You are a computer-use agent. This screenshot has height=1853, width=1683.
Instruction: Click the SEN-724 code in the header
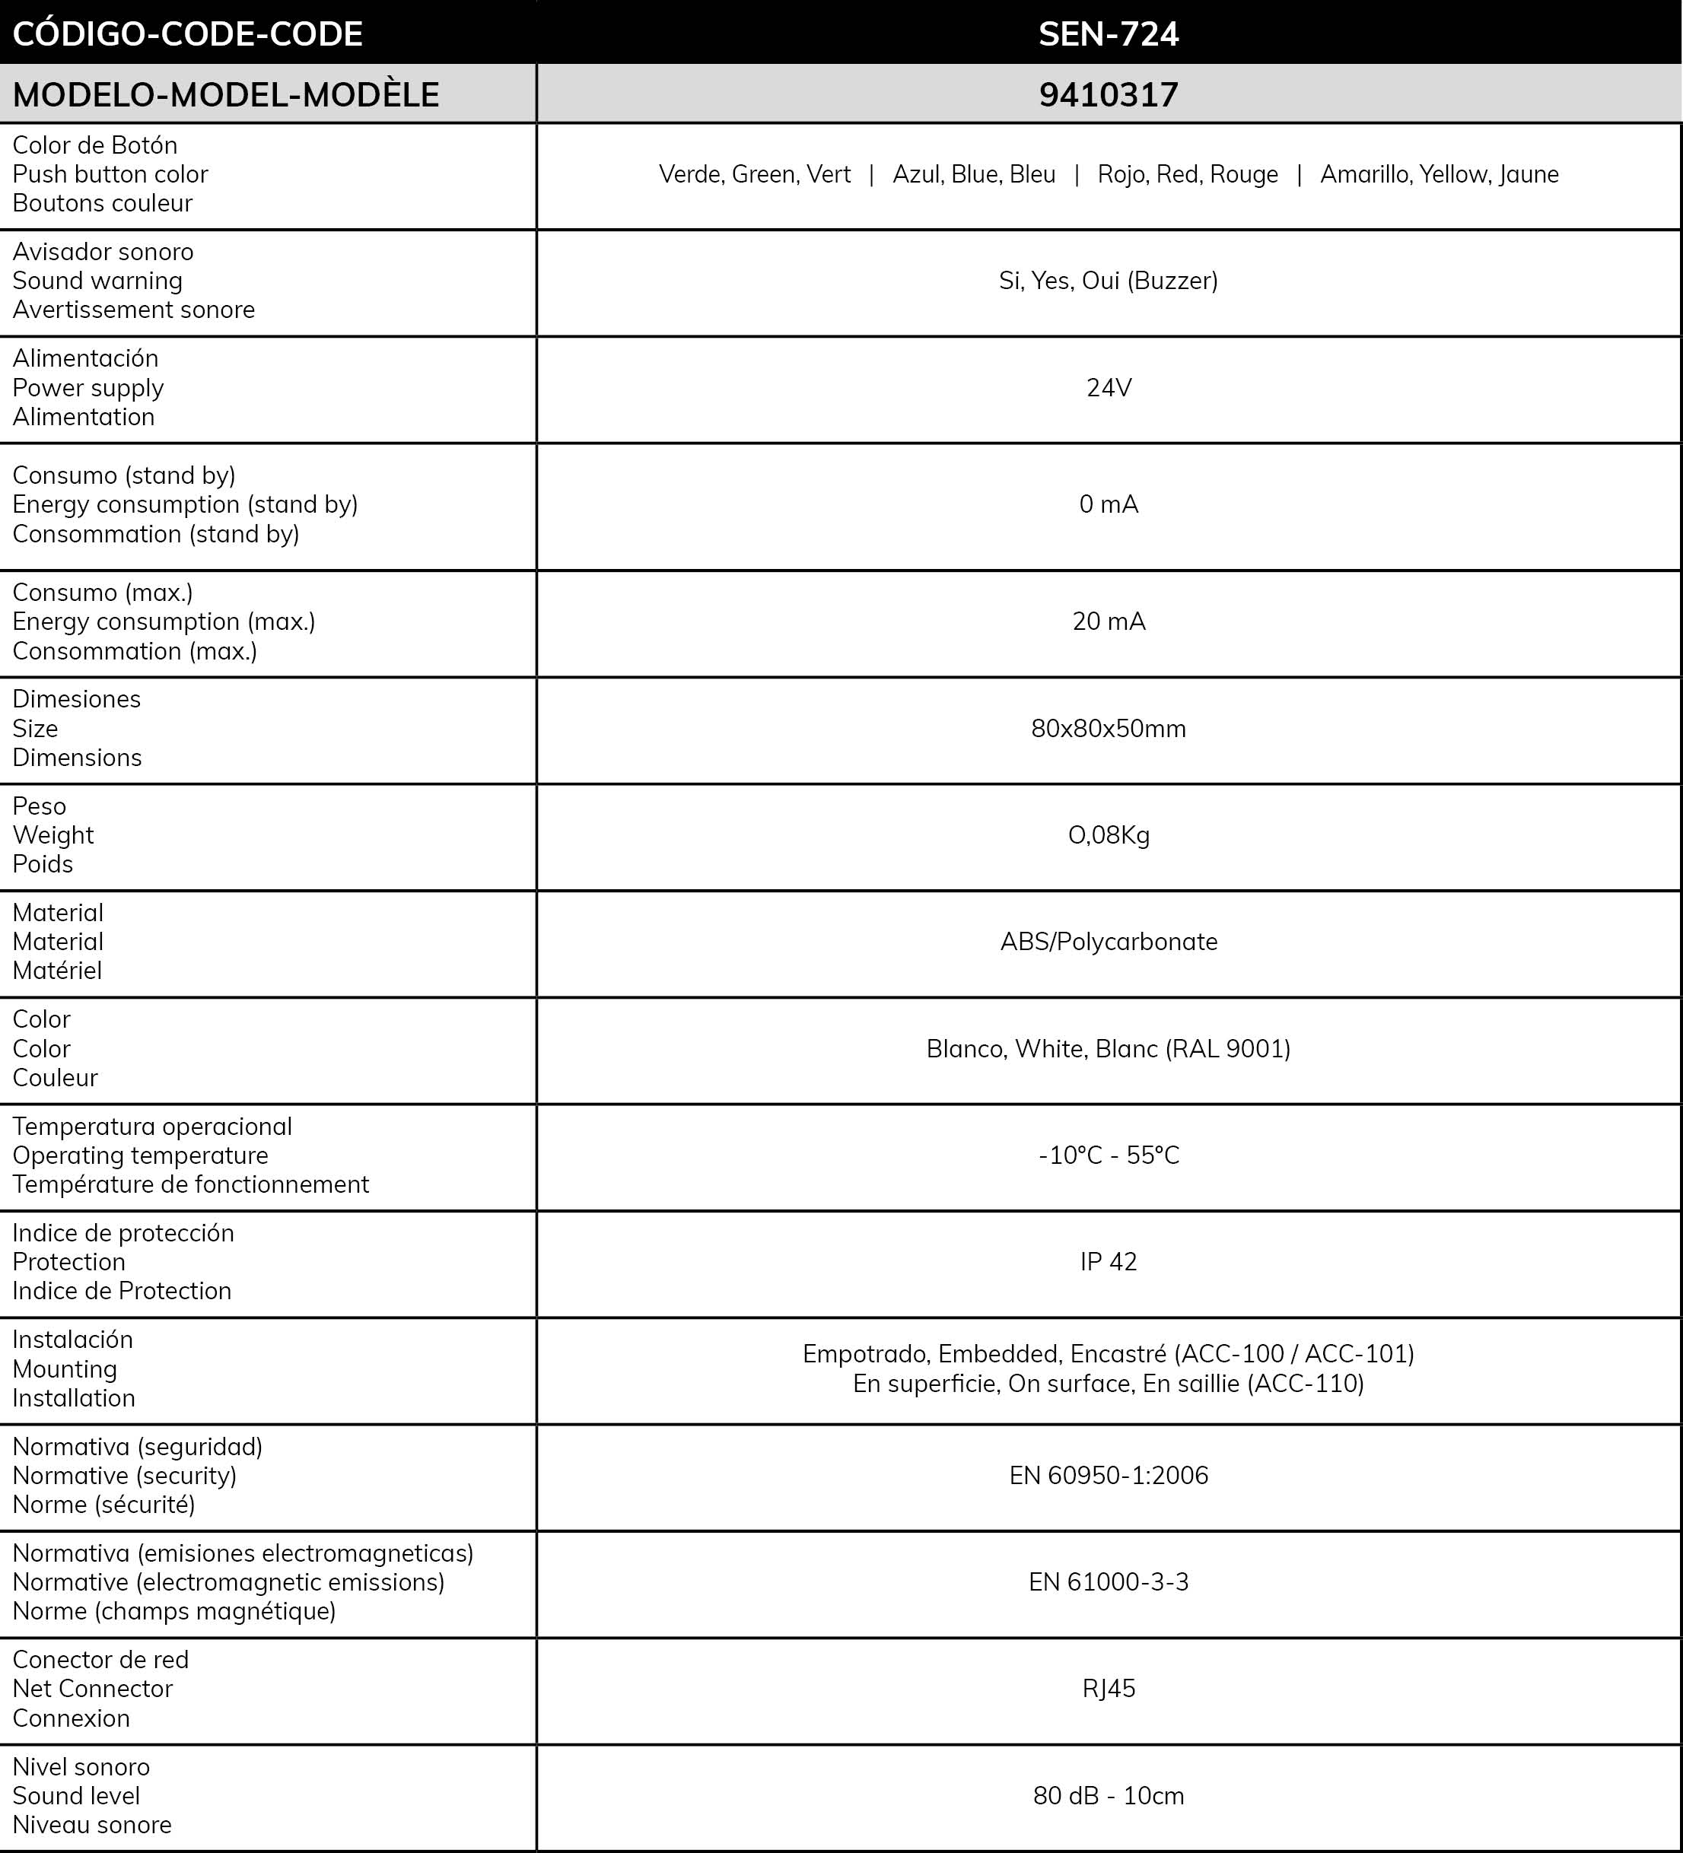point(1108,34)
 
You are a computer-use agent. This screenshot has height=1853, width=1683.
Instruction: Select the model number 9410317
point(1108,94)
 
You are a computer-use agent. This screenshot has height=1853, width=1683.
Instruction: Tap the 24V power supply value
point(1109,388)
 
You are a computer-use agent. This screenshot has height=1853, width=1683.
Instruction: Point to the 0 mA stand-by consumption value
point(1109,504)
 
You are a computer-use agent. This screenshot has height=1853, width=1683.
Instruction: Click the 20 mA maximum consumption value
point(1109,622)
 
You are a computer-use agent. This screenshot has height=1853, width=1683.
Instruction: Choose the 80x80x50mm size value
point(1109,729)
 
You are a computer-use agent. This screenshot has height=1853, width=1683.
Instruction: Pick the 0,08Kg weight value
point(1109,835)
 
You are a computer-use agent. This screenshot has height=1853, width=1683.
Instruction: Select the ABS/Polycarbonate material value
point(1109,942)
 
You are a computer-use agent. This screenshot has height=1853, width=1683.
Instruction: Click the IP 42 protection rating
point(1109,1262)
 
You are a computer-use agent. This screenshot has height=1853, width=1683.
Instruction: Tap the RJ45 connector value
point(1109,1689)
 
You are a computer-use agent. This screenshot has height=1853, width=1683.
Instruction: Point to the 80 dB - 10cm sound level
point(1109,1795)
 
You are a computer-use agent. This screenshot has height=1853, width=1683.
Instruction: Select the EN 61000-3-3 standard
point(1109,1582)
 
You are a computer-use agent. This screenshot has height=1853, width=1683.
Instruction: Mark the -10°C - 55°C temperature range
point(1109,1155)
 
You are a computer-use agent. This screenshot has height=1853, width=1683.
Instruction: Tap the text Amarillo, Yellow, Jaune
point(1440,175)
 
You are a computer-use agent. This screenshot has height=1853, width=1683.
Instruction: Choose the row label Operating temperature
point(141,1155)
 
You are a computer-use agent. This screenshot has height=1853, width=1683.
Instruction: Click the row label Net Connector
point(93,1689)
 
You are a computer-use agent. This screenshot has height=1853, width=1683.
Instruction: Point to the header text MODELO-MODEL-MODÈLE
point(226,94)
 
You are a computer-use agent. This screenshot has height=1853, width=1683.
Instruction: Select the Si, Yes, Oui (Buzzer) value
point(1109,281)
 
